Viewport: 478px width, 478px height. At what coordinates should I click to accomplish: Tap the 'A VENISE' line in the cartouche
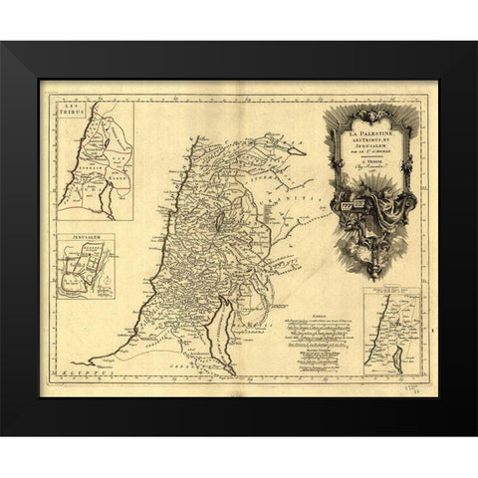click(365, 155)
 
